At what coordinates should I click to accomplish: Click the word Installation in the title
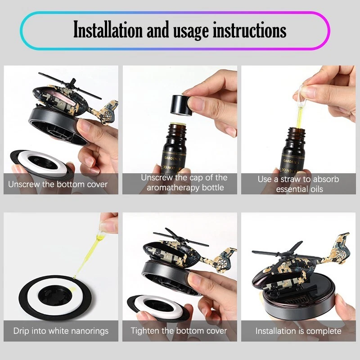pyautogui.click(x=108, y=30)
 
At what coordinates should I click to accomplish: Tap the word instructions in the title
pyautogui.click(x=250, y=31)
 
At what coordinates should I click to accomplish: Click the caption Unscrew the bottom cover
pyautogui.click(x=58, y=184)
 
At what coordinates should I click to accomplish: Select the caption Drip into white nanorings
pyautogui.click(x=61, y=331)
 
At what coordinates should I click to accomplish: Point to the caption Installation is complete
pyautogui.click(x=298, y=331)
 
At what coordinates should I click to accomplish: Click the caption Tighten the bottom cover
pyautogui.click(x=179, y=331)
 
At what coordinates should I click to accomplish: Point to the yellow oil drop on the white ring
pyautogui.click(x=72, y=290)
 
